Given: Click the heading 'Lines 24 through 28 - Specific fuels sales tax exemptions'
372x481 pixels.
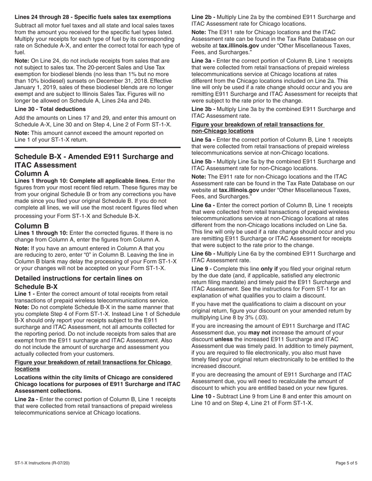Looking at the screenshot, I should point(93,17).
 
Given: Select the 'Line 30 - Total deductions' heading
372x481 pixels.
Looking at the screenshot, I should point(50,109).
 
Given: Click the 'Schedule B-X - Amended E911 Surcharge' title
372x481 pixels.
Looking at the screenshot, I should point(94,157).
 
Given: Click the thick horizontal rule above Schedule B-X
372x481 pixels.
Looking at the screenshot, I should point(98,147).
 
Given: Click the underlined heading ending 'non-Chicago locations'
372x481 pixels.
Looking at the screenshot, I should point(222,131).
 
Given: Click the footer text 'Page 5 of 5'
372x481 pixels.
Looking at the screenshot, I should point(347,463).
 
